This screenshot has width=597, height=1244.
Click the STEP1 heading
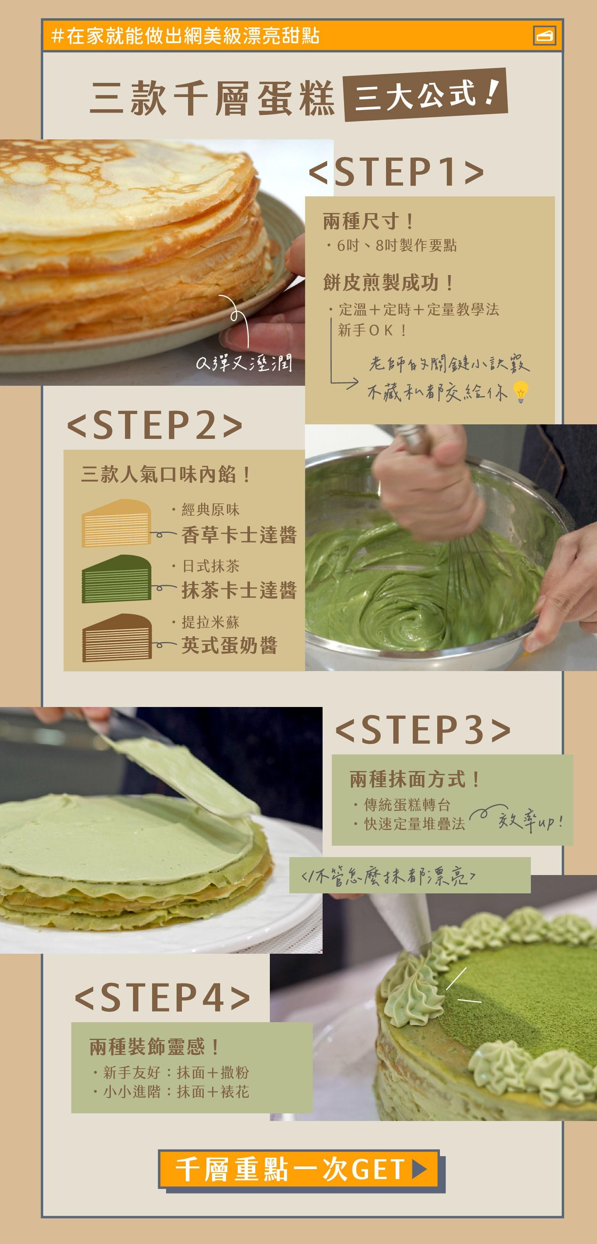pos(396,171)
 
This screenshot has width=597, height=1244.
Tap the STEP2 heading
pos(155,425)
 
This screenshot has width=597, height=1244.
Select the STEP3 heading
pos(422,729)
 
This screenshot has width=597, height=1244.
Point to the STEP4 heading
pos(162,998)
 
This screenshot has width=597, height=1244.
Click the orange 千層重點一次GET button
pos(299,1169)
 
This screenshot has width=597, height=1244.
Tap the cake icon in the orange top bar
pos(544,36)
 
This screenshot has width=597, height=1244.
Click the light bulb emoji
pos(520,391)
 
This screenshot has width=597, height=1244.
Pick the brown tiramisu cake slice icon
pos(117,637)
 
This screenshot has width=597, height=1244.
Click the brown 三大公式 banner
pos(425,94)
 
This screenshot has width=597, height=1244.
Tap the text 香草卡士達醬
pos(239,535)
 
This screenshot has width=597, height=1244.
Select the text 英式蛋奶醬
pos(229,645)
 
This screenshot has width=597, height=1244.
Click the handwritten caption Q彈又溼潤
pos(244,363)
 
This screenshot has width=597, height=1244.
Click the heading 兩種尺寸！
pos(368,222)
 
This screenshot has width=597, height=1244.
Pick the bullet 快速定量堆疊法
pos(414,824)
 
